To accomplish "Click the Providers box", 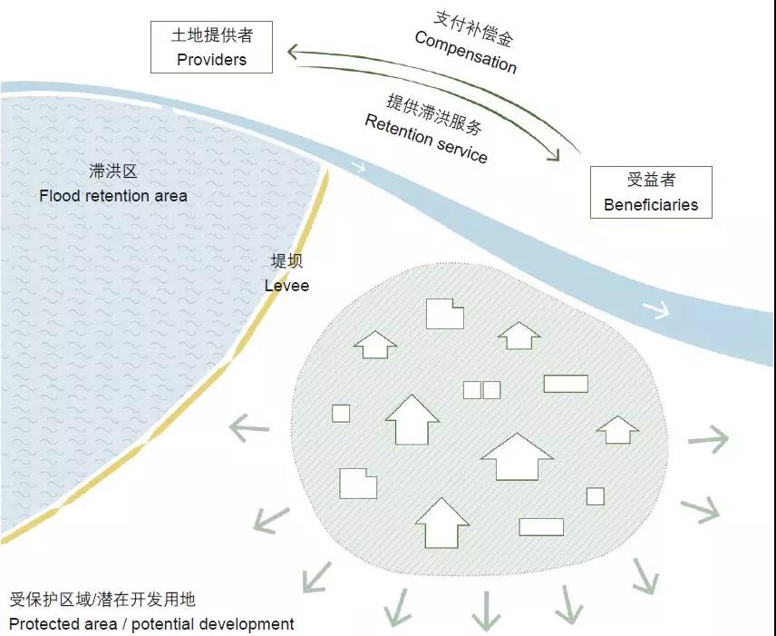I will (211, 47).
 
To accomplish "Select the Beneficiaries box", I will (651, 192).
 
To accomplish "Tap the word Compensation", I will (465, 52).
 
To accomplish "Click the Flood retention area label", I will (113, 195).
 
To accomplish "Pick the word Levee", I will (286, 285).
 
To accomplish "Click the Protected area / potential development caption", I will (151, 624).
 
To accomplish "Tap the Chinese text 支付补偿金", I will (473, 27).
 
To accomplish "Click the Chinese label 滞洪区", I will (113, 171).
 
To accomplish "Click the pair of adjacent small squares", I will (481, 390).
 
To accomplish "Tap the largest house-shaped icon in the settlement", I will (517, 456).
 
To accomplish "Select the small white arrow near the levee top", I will (359, 167).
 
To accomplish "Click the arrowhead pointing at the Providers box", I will (293, 53).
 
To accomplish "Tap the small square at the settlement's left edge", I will (341, 413).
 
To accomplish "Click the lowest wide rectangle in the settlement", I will (541, 527).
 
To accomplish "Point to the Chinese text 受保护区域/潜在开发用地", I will (102, 600).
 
